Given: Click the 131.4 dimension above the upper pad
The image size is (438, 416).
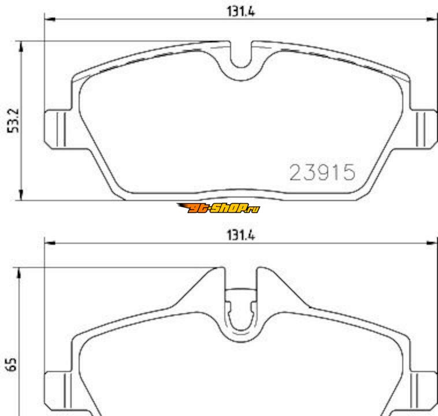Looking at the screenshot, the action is tap(241, 12).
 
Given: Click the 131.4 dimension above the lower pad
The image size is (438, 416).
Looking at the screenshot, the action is tap(241, 235).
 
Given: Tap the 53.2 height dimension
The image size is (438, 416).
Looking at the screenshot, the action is tap(13, 120).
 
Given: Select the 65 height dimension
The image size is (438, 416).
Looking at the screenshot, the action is tap(12, 364).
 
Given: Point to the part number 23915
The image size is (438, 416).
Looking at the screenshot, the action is tap(322, 172).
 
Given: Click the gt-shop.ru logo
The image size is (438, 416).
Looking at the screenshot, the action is tap(218, 208).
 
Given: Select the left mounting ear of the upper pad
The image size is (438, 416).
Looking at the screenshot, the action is tap(57, 129).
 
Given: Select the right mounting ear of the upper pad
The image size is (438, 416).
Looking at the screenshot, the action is tap(424, 129).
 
